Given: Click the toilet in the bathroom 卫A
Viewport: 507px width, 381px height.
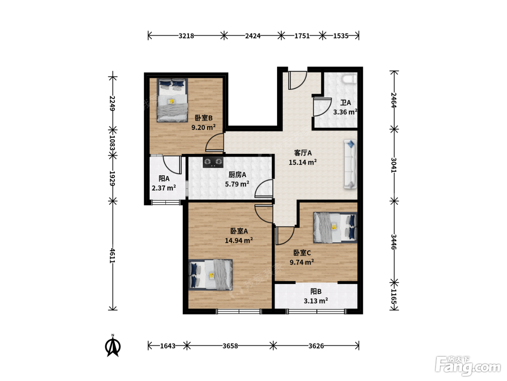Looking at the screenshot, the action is point(350,79).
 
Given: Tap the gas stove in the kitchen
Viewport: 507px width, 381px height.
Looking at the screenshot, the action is point(213,162).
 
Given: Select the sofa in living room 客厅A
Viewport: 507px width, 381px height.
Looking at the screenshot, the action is point(351,164).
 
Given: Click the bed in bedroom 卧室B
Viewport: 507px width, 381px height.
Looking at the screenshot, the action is point(172,100).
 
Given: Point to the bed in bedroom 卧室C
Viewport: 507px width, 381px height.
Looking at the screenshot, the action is point(335,228).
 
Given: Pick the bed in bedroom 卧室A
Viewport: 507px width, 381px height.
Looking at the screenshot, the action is point(210,275).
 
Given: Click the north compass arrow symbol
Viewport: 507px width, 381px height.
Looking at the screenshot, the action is point(113,346).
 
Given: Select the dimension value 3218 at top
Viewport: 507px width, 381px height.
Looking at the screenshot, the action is point(186,36).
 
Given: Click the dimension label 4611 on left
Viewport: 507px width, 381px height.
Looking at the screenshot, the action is point(112,255).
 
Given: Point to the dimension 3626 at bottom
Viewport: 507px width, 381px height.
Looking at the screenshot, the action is point(316,346).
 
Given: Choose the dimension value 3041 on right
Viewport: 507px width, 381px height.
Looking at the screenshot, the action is point(394,165).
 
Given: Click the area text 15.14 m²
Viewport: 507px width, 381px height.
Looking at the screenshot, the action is point(303,162).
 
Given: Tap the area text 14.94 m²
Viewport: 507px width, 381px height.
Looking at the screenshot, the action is point(239,240).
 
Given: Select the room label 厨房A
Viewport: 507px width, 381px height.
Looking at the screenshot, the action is point(237,175).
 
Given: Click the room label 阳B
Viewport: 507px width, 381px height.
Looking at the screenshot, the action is point(316,291).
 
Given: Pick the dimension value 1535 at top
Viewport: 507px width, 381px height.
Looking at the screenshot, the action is point(341,36).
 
